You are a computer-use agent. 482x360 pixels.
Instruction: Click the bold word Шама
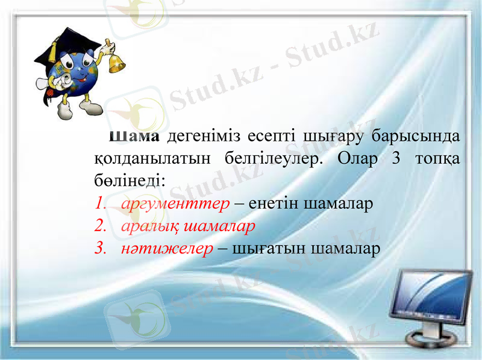coord(133,136)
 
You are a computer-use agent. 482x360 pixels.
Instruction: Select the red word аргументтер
coord(175,203)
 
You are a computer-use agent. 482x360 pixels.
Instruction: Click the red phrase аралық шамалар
coord(188,226)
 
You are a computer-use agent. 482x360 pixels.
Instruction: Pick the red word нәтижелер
coord(167,249)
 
